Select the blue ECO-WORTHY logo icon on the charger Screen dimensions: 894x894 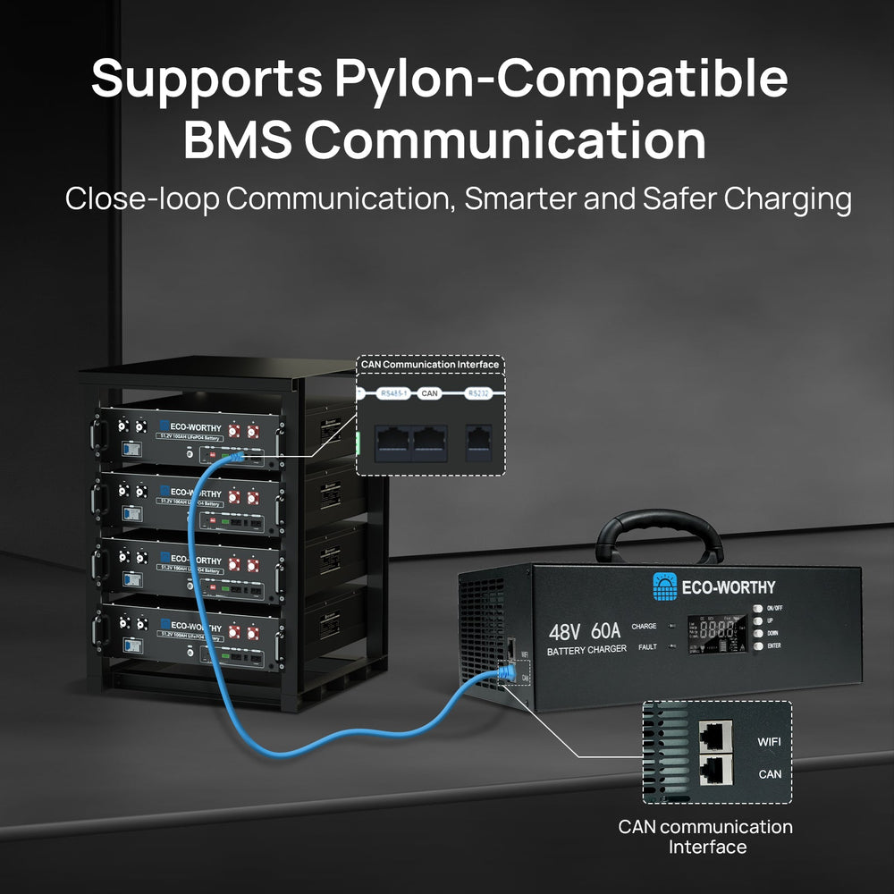pos(664,585)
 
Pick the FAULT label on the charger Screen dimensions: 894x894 pos(647,645)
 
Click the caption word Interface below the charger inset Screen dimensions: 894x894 pos(705,846)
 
